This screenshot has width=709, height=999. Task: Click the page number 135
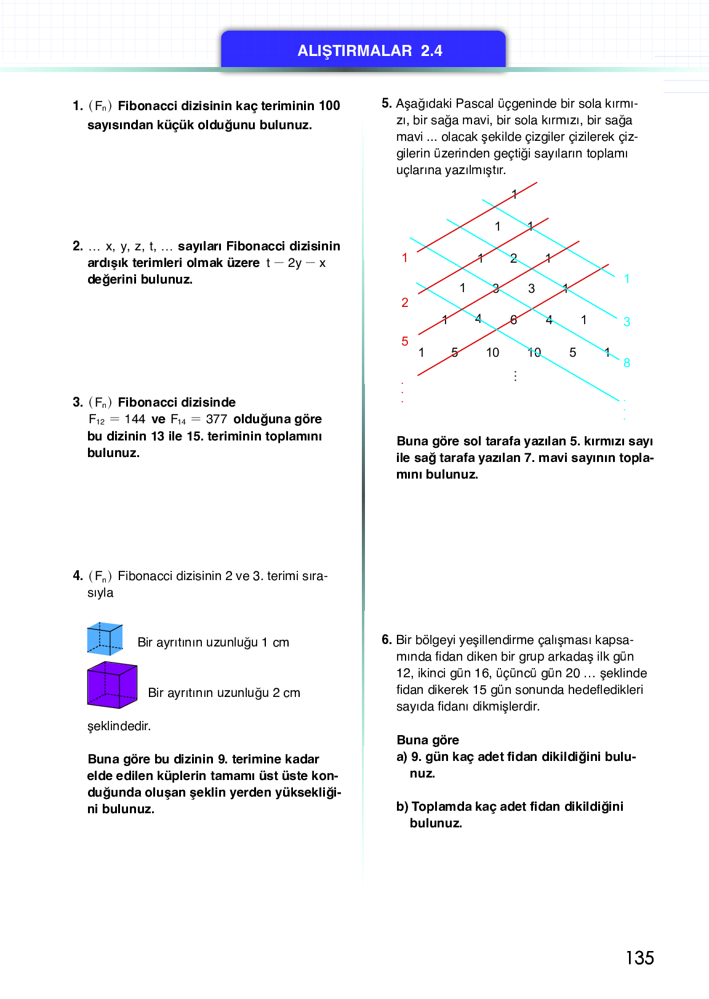coord(639,958)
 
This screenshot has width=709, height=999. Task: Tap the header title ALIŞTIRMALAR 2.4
coord(370,50)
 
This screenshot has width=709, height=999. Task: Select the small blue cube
coord(105,639)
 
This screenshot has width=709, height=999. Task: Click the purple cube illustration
coord(112,684)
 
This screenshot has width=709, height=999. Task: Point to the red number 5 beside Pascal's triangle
coord(405,341)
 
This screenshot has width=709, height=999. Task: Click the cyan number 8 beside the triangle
coord(627,363)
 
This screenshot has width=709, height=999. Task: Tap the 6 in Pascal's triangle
coord(513,320)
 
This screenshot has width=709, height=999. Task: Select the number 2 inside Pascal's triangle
coord(513,258)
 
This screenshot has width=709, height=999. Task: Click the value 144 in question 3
coord(135,419)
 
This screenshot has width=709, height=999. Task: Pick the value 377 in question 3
coord(216,419)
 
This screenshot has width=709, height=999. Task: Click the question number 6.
coord(386,640)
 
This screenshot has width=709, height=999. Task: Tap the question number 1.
coord(77,106)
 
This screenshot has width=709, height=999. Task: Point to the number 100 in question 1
coord(329,106)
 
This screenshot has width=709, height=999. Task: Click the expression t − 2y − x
coord(296,263)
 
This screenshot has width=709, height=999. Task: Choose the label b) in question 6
coord(402,806)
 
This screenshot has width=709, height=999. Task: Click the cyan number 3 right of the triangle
coord(627,322)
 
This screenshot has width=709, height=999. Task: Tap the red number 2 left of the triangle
coord(405,303)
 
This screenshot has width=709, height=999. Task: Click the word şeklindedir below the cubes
coord(119,726)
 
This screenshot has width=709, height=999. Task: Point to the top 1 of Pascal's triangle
coord(515,195)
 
